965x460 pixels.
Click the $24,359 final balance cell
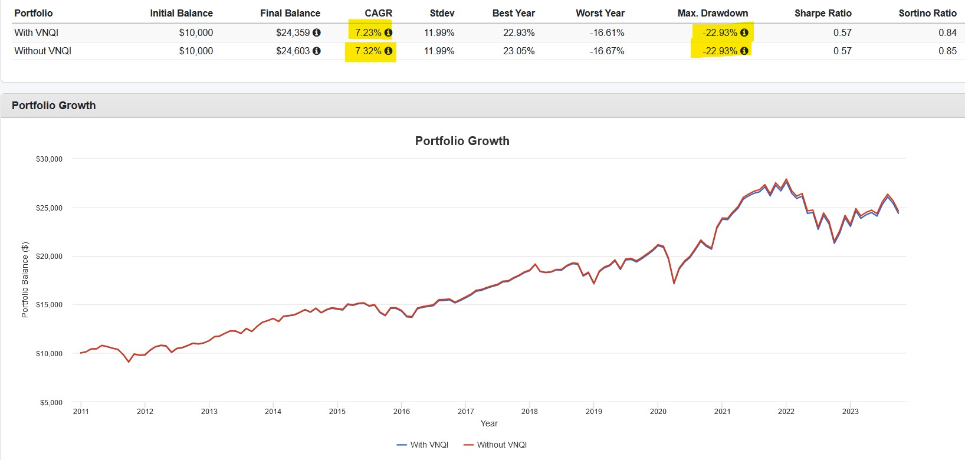pyautogui.click(x=293, y=33)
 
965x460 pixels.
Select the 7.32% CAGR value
pyautogui.click(x=368, y=51)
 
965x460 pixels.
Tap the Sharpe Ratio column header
pyautogui.click(x=822, y=13)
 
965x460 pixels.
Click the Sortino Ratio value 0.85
pyautogui.click(x=947, y=51)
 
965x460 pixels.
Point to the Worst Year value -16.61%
pyautogui.click(x=606, y=33)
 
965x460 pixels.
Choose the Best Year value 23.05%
pyautogui.click(x=518, y=51)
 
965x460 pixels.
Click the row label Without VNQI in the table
pyautogui.click(x=42, y=51)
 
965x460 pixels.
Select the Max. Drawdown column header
pyautogui.click(x=712, y=13)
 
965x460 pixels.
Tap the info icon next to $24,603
pyautogui.click(x=317, y=51)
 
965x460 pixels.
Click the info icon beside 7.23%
pyautogui.click(x=388, y=33)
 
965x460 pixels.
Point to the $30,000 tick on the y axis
pyautogui.click(x=49, y=159)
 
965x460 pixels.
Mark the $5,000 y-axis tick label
pyautogui.click(x=51, y=403)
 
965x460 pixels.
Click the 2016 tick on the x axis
pyautogui.click(x=401, y=412)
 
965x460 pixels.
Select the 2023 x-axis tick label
pyautogui.click(x=850, y=412)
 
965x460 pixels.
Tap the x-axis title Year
pyautogui.click(x=489, y=423)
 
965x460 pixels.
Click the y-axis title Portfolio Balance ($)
pyautogui.click(x=25, y=280)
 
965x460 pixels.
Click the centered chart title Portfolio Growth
pyautogui.click(x=462, y=141)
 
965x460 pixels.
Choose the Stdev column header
pyautogui.click(x=442, y=13)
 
